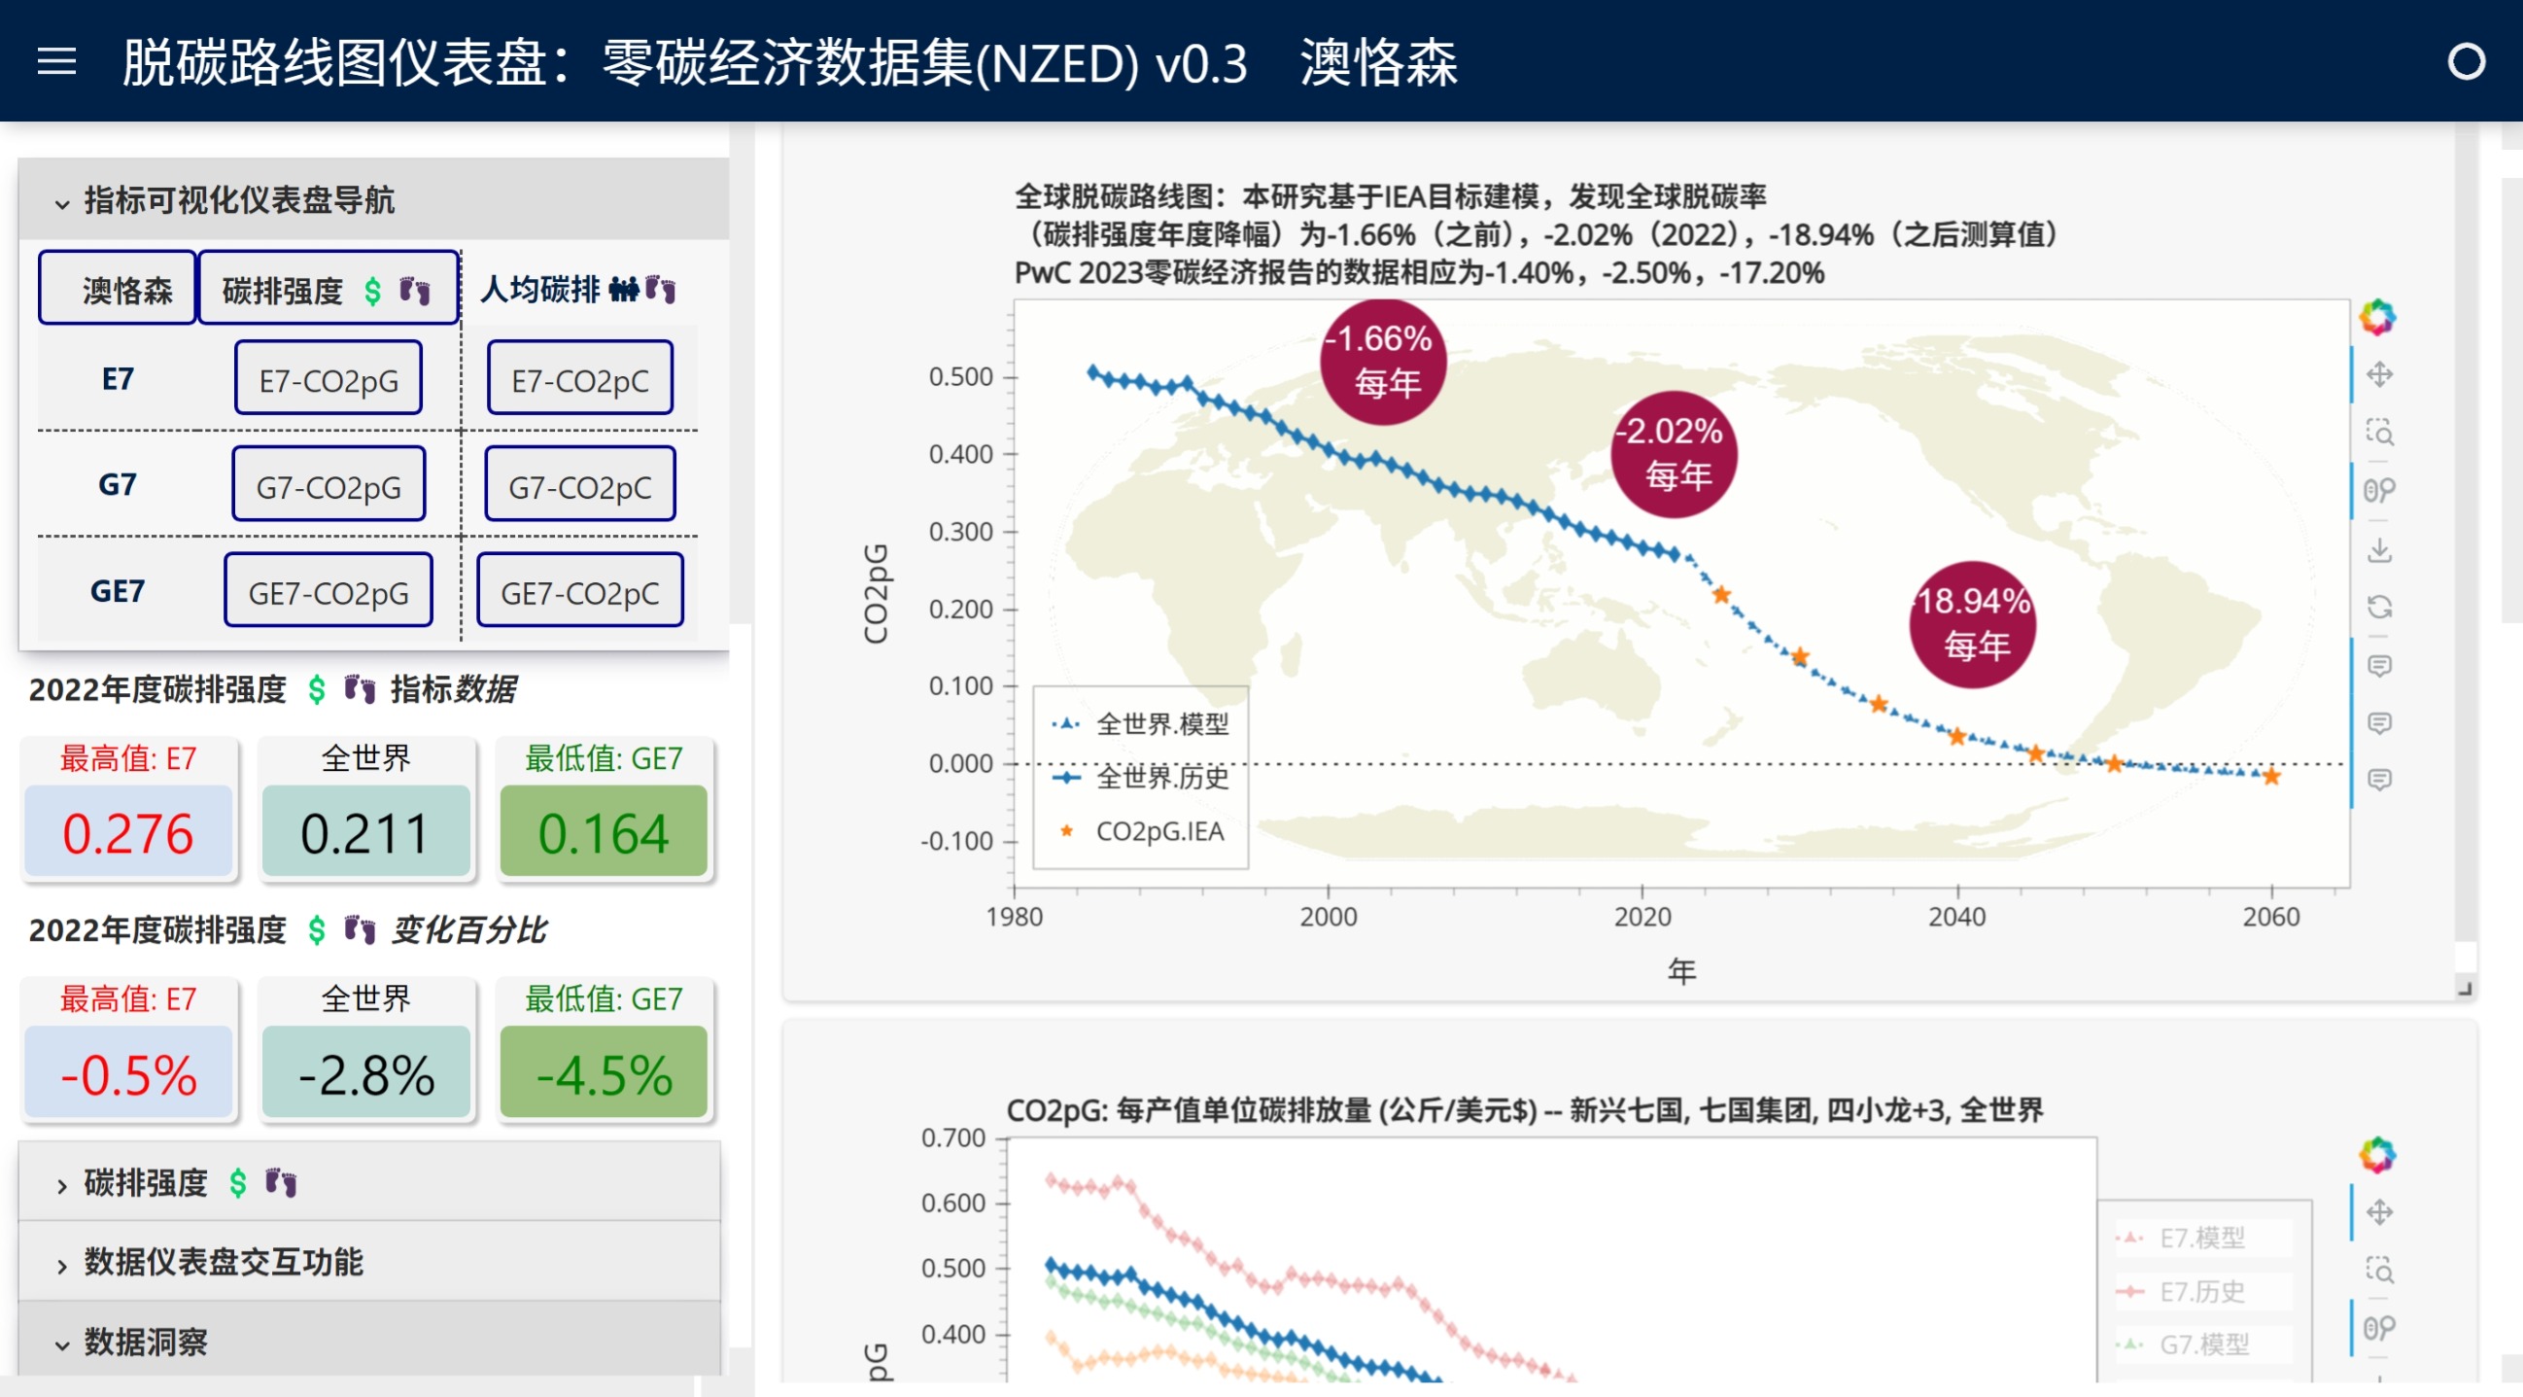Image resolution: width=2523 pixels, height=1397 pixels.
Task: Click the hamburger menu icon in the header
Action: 56,61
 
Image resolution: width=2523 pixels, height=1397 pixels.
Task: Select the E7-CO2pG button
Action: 328,379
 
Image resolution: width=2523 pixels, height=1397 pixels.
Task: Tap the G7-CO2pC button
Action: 580,485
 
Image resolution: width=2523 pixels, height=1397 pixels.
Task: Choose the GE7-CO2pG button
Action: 328,591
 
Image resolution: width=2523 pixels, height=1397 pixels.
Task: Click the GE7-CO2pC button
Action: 580,591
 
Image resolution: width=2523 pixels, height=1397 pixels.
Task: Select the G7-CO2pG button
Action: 328,485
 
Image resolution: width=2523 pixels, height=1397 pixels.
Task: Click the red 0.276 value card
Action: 128,832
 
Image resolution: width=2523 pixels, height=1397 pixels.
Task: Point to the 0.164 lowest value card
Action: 604,832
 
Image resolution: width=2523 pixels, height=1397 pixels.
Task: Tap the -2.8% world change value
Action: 366,1072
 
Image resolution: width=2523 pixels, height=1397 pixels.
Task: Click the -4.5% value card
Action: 604,1072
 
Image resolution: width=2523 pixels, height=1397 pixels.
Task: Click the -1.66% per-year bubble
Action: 1383,361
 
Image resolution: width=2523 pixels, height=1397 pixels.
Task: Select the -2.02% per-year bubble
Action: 1674,454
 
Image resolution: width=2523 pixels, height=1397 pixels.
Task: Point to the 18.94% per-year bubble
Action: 1973,624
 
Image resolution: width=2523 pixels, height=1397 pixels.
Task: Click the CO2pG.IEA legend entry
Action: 1158,832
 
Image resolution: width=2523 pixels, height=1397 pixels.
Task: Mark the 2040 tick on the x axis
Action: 1957,916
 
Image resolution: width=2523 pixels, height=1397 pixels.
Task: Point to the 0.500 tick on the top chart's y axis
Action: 961,377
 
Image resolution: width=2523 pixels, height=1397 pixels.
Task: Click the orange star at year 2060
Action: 2271,777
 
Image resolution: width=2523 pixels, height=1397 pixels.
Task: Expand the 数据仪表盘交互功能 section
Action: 224,1262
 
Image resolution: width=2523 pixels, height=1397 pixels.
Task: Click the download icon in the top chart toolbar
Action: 2380,550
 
